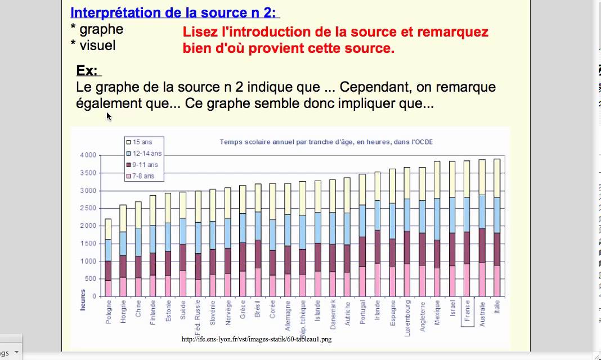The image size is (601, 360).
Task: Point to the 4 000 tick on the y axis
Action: (x=88, y=155)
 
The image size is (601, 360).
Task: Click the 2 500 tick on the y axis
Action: (x=88, y=208)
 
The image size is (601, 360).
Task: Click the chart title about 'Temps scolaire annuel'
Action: (x=326, y=142)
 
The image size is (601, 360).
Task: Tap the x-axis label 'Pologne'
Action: (x=108, y=313)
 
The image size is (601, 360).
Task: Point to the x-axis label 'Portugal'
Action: (x=363, y=313)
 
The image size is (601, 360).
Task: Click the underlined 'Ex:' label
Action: (x=87, y=71)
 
